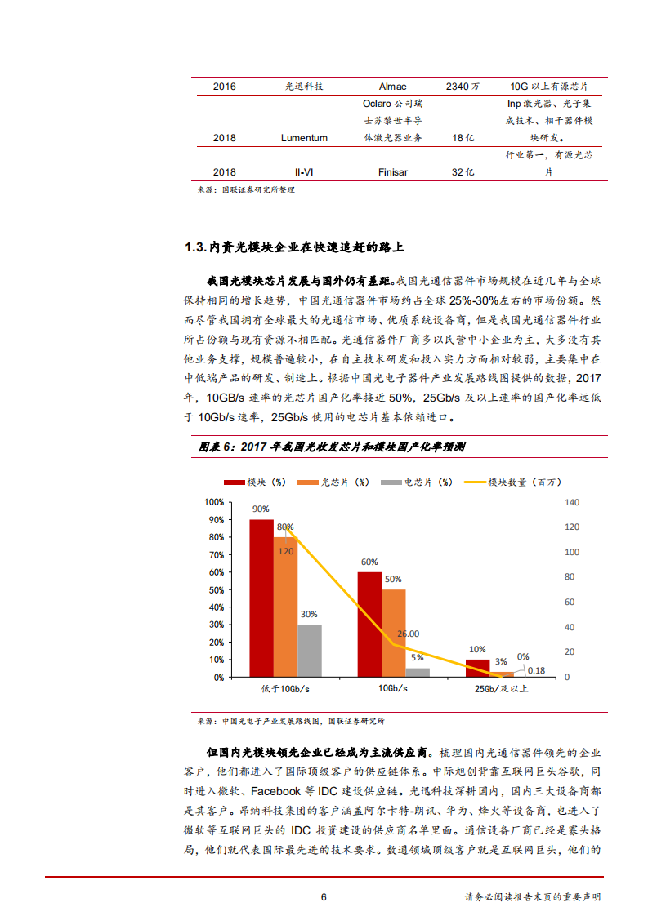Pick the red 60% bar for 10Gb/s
[x=369, y=625]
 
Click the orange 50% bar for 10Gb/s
[x=393, y=634]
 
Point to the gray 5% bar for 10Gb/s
[x=418, y=673]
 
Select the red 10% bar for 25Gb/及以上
[x=478, y=669]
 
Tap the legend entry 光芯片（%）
[x=344, y=482]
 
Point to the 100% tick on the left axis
[x=213, y=502]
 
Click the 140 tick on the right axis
[x=571, y=502]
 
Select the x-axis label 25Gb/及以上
[x=502, y=689]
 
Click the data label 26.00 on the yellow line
[x=408, y=634]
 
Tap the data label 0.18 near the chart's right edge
[x=536, y=670]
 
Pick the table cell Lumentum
[x=304, y=138]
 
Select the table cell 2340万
[x=463, y=86]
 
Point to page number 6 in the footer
[x=324, y=896]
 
